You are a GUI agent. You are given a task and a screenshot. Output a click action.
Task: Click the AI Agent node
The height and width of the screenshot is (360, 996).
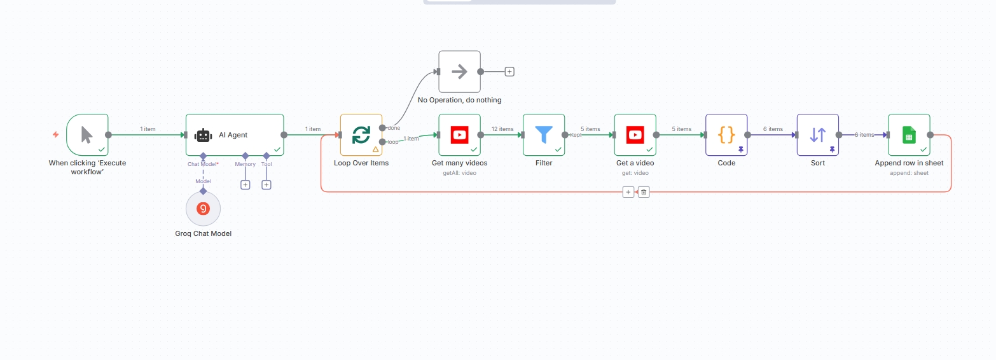(235, 135)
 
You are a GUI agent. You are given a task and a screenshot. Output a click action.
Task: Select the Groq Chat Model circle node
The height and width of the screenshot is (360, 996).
(203, 209)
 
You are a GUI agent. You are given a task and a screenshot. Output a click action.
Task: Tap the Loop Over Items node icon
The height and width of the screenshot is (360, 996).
(361, 135)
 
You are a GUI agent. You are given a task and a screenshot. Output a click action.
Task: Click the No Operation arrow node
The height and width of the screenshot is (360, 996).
(459, 72)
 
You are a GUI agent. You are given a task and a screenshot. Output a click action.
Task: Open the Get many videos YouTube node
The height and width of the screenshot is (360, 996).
(459, 135)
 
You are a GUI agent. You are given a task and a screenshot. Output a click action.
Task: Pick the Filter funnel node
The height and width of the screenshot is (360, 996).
(544, 135)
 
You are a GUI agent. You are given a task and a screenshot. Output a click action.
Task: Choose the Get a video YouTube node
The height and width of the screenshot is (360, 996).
(635, 135)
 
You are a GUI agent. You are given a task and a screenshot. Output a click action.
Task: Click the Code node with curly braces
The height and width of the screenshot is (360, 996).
(726, 135)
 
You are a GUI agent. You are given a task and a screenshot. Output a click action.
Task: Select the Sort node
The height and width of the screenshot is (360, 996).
(818, 135)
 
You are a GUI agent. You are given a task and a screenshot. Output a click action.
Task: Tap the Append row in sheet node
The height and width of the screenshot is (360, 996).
(909, 135)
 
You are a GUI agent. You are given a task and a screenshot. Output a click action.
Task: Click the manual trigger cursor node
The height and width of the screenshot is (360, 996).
(87, 135)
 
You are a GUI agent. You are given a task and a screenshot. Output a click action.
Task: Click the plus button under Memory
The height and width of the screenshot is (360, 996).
(245, 185)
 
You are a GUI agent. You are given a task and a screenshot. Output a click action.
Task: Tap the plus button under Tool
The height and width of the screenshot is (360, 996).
(266, 185)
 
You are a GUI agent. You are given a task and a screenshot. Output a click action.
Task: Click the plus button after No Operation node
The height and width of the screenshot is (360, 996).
(509, 72)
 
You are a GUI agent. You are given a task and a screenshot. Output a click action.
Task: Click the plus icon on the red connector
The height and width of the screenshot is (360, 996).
(628, 192)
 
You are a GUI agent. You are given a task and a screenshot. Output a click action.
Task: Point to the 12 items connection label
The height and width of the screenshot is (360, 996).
(502, 129)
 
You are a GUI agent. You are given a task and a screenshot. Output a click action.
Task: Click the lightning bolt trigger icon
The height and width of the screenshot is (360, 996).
(55, 134)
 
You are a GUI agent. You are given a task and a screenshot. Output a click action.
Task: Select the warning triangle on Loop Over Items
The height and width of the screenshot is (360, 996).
(376, 149)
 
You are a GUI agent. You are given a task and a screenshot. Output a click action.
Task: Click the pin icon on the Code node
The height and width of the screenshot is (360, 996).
(741, 149)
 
